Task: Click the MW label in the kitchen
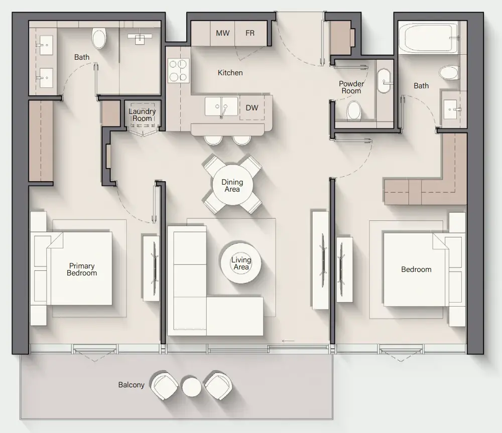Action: point(222,33)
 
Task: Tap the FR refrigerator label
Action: point(250,33)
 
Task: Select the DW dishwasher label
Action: point(252,108)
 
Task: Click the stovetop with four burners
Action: point(178,70)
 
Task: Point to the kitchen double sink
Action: point(221,106)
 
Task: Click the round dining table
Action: point(232,185)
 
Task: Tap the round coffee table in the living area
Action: point(241,263)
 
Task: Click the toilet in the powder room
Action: point(354,110)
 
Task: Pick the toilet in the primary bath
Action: point(99,38)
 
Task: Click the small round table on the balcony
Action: point(192,387)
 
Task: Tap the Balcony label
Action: point(131,385)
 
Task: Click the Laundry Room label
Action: point(142,115)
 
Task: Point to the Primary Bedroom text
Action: point(82,269)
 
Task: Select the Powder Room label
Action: point(351,87)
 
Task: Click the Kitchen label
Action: point(230,73)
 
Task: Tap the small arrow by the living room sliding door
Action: point(288,341)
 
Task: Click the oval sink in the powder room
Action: point(384,81)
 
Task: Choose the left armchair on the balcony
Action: point(165,386)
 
